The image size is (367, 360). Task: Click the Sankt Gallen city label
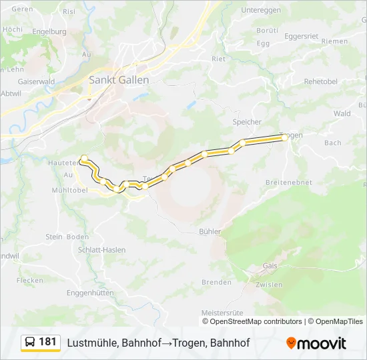coord(119,79)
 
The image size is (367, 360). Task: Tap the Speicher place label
coord(247,122)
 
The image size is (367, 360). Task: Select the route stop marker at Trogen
coord(285,137)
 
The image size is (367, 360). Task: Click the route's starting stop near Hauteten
coord(84,159)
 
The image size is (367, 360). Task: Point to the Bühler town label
coord(210,231)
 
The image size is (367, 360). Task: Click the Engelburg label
coord(49,31)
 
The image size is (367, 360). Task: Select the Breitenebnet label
coord(289,182)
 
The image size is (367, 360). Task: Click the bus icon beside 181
coord(30,343)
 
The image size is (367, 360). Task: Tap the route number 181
coord(48,342)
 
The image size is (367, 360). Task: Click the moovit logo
coord(316,343)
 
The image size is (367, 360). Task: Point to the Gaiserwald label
coord(19,81)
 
